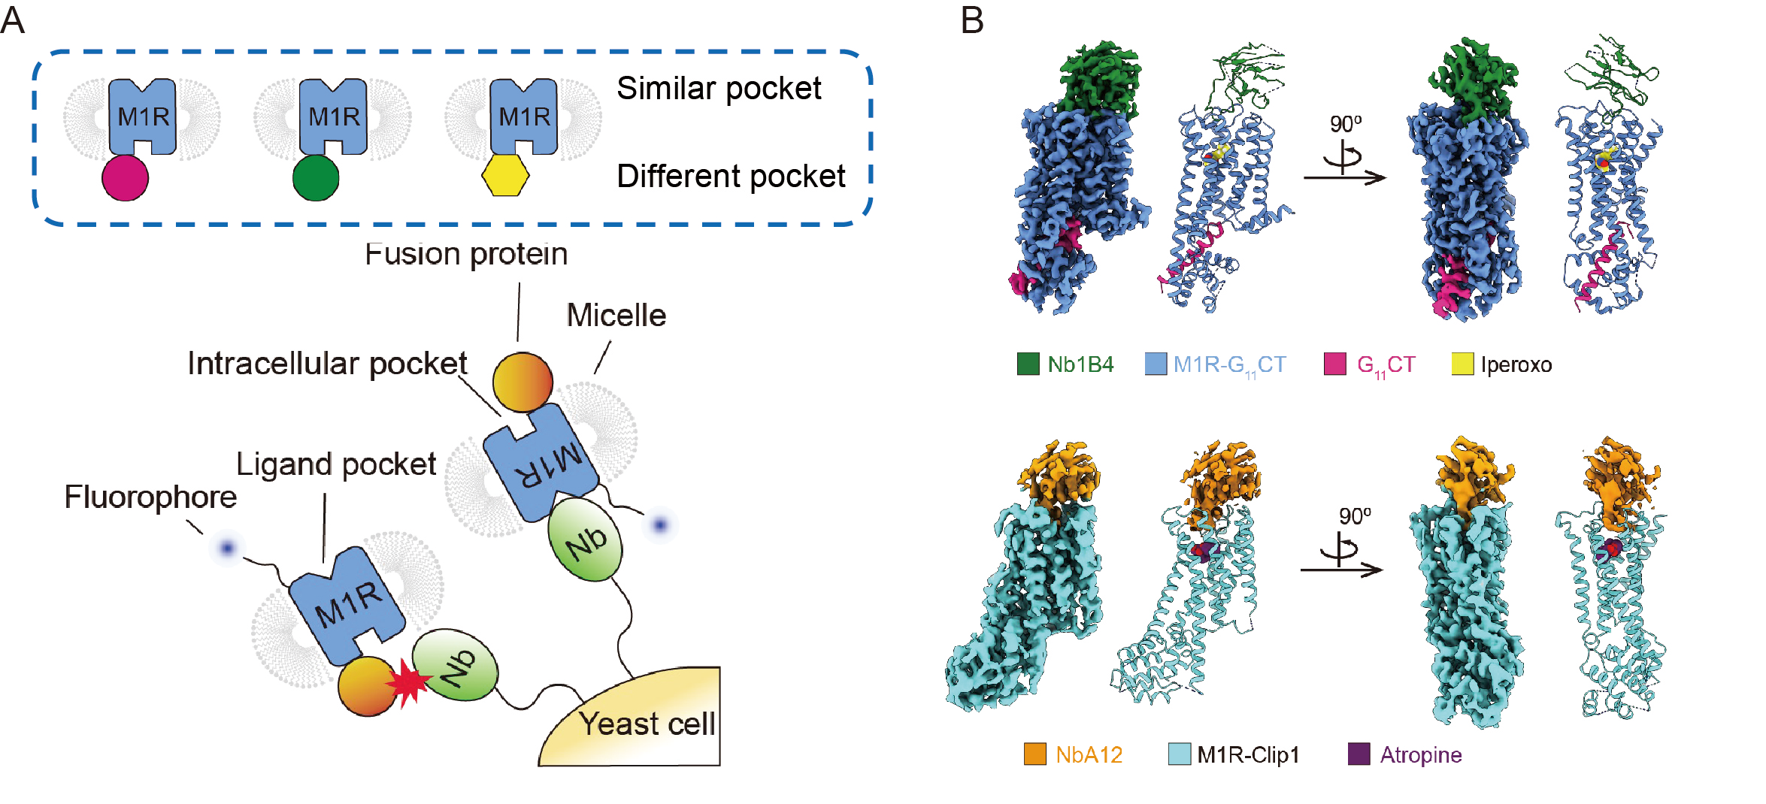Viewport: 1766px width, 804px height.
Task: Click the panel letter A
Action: click(13, 20)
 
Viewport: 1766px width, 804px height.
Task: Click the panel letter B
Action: click(972, 20)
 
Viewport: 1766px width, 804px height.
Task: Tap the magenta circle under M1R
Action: click(125, 178)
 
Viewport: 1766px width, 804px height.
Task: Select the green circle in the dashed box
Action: click(315, 178)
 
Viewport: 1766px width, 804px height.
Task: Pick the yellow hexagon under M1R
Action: click(505, 176)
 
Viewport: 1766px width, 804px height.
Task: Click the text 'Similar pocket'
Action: click(719, 89)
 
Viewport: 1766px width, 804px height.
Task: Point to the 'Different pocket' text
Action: click(731, 177)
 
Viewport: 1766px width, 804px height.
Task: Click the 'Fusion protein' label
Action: click(466, 254)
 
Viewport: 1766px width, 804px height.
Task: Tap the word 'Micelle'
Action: click(616, 316)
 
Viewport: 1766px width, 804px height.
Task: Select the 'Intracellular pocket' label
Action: click(327, 364)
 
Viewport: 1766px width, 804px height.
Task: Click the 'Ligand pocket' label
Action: click(336, 464)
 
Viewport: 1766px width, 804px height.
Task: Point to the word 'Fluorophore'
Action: click(150, 497)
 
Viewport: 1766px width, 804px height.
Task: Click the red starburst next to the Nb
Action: click(408, 683)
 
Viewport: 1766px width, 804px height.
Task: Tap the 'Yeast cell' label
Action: click(647, 724)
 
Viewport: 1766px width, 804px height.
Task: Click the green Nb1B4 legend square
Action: click(1028, 364)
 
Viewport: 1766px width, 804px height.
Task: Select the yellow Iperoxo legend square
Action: click(1462, 364)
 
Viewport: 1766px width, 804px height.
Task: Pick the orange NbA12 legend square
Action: click(1035, 754)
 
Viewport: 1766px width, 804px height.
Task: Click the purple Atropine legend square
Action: click(1359, 754)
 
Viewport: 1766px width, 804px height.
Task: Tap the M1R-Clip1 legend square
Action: click(1180, 754)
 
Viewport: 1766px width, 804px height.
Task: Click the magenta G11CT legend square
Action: click(1334, 364)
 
